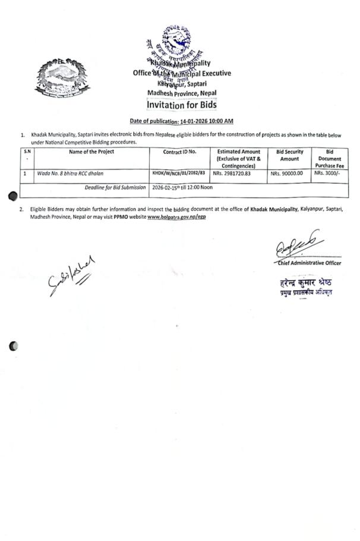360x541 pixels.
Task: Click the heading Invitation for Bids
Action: pos(182,105)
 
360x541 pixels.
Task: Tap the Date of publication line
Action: pos(181,121)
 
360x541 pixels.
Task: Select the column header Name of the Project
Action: pos(91,152)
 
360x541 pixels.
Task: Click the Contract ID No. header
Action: pos(180,152)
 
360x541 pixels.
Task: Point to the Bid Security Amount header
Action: pos(289,156)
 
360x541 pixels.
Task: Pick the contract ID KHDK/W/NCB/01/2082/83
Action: pos(179,174)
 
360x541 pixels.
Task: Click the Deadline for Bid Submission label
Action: pos(116,187)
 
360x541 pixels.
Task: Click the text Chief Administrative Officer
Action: pos(309,263)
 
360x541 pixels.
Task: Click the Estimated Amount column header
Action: pos(239,159)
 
